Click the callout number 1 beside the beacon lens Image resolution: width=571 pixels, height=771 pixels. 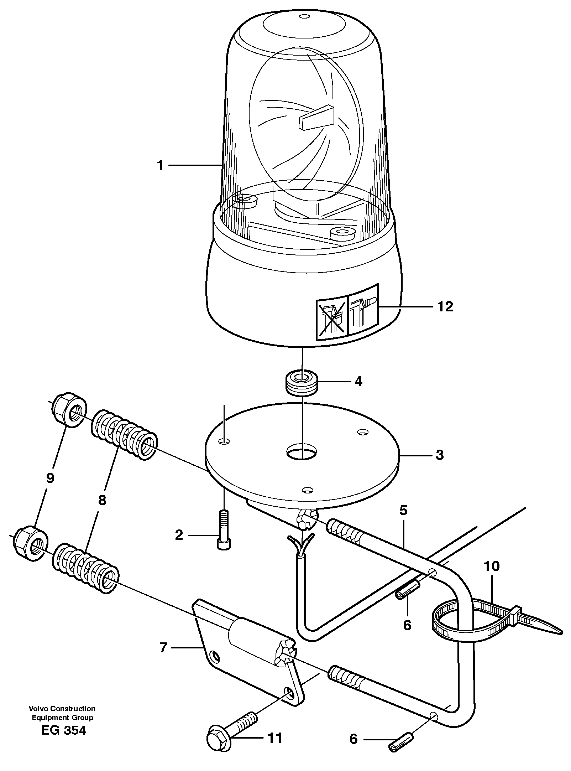click(160, 166)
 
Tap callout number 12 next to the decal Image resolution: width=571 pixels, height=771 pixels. click(445, 306)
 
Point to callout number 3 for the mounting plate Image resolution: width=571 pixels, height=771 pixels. click(440, 455)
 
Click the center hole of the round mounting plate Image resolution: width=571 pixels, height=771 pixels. click(302, 451)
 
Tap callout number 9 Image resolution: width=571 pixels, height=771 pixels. click(50, 478)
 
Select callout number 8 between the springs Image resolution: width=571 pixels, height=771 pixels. click(102, 500)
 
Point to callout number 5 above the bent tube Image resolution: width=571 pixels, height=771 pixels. click(403, 511)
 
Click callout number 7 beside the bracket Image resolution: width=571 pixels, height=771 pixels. click(163, 647)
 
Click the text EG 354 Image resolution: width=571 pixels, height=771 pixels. click(64, 738)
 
